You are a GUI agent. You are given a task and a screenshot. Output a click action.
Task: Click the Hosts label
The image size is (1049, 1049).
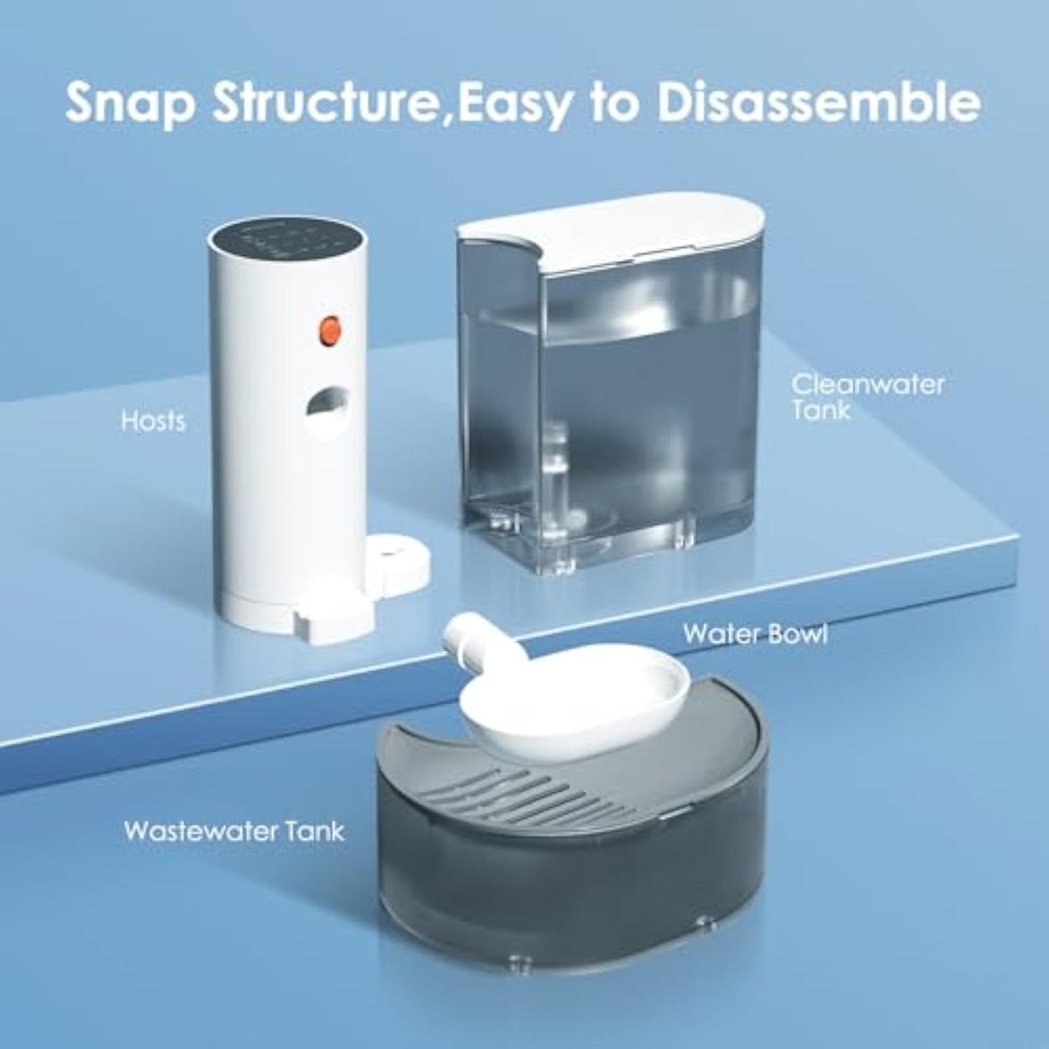pos(153,421)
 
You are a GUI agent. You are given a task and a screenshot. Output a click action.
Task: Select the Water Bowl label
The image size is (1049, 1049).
pos(755,633)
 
